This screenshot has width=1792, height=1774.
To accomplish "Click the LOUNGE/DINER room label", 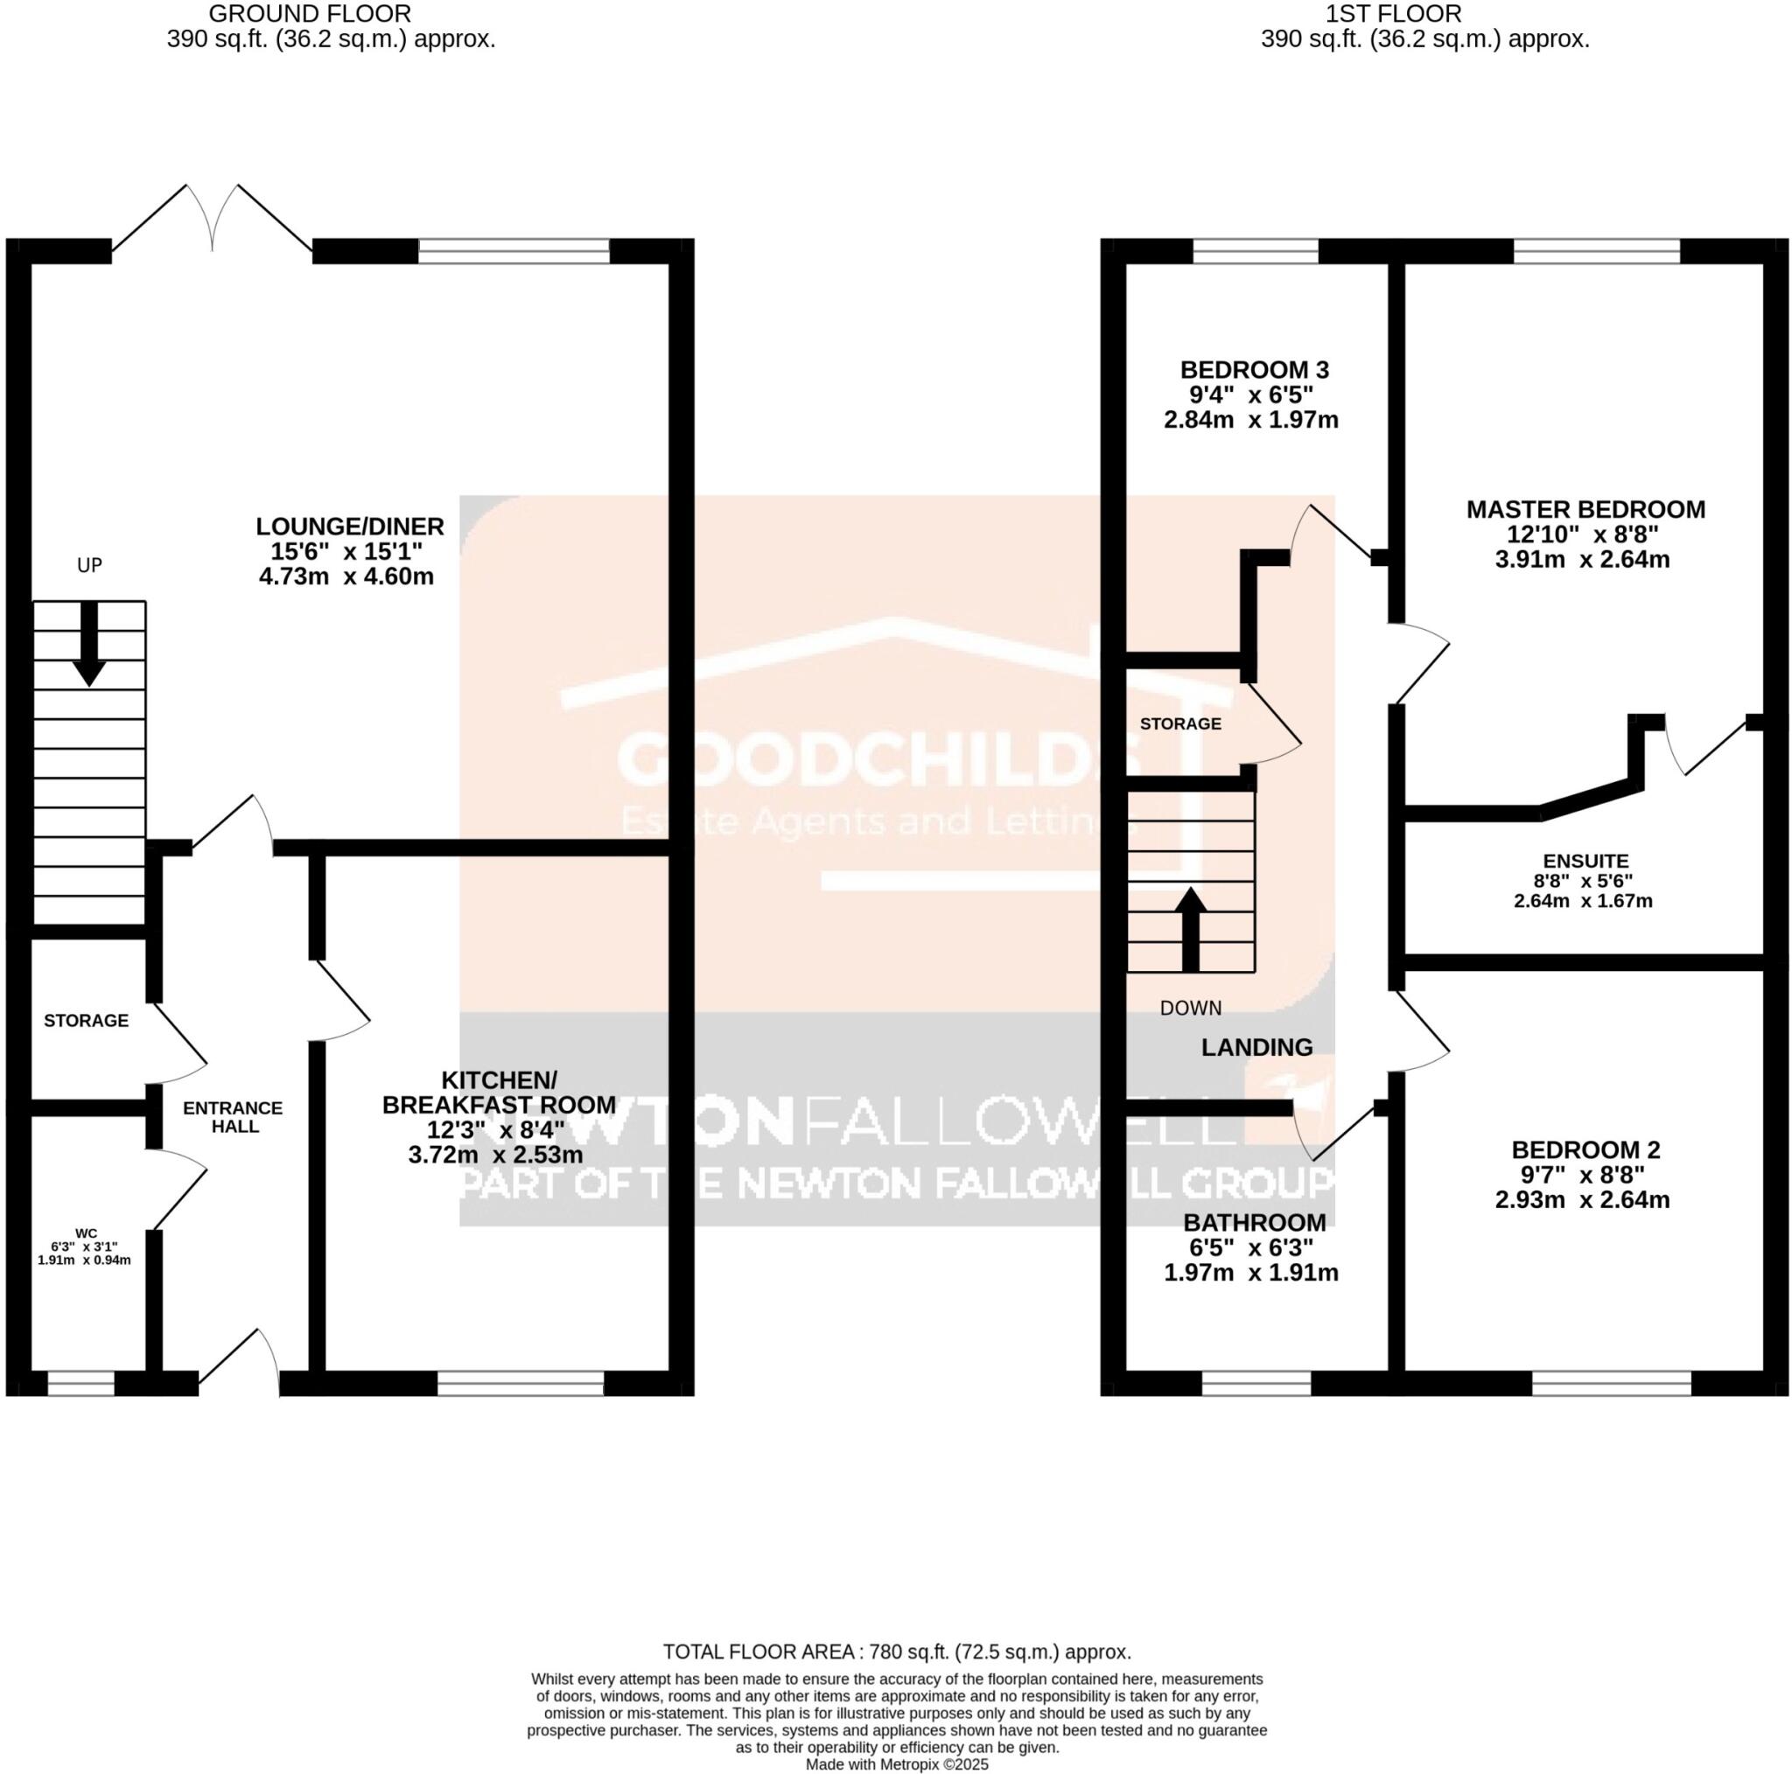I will (350, 527).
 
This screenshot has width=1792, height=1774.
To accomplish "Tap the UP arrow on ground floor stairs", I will (89, 644).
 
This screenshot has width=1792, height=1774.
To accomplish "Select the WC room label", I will (86, 1233).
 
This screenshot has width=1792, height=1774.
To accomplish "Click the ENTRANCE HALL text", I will (233, 1116).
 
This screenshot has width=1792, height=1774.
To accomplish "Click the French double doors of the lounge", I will (213, 219).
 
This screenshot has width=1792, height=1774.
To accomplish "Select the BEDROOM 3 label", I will (1254, 370).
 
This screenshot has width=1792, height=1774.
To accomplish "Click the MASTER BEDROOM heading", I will (1585, 509).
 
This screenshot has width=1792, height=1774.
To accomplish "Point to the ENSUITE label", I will (1585, 861).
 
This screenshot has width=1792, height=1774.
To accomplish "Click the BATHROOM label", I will (1254, 1221).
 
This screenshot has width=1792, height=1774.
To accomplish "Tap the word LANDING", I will (1256, 1047).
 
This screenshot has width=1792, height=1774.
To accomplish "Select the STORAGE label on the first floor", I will (1179, 723).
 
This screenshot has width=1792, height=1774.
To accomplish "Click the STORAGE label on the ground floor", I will (87, 1020).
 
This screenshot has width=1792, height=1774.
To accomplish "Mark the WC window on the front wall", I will (80, 1384).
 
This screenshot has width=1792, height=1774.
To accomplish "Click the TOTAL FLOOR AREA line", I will (896, 1652).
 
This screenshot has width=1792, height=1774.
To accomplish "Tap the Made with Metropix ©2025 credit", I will (896, 1764).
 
